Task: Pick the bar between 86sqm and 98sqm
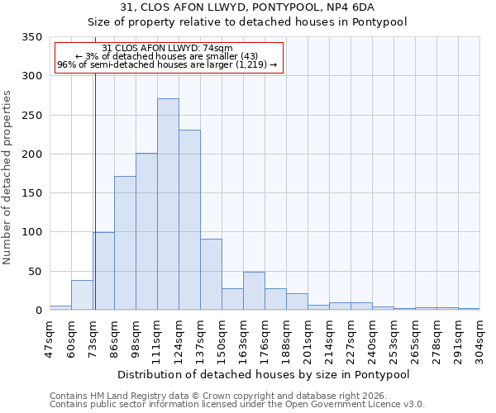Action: click(125, 244)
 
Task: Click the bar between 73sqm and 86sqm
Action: click(103, 272)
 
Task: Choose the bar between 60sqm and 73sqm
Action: click(82, 296)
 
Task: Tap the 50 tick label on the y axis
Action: click(35, 272)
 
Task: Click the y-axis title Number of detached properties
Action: click(8, 178)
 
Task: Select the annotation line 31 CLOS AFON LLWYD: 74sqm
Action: click(168, 49)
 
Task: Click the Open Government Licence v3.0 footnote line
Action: click(237, 405)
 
